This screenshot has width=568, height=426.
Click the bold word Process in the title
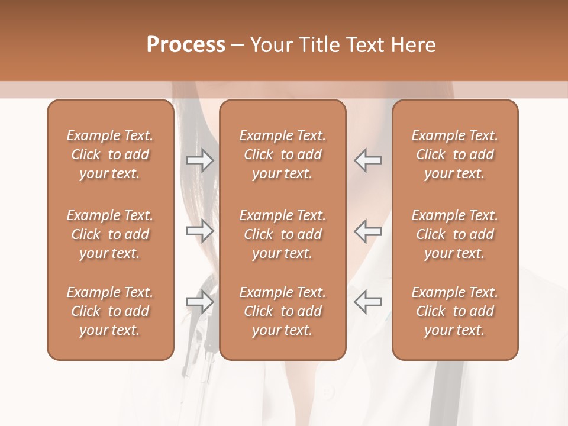click(186, 45)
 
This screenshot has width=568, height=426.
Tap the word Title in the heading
click(317, 45)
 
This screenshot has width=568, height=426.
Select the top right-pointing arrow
click(200, 160)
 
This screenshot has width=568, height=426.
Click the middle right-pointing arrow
click(200, 231)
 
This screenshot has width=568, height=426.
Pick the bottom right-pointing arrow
click(200, 302)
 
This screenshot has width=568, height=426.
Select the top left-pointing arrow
click(367, 160)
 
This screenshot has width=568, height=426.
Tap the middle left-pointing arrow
click(367, 231)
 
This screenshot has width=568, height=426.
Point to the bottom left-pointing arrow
click(367, 302)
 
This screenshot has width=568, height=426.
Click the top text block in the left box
click(110, 154)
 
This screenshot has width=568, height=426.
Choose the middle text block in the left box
click(110, 234)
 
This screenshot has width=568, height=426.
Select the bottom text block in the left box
click(110, 311)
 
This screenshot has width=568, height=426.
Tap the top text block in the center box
click(283, 154)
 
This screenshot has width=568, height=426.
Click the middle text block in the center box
click(283, 234)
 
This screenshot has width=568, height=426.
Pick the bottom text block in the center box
click(283, 311)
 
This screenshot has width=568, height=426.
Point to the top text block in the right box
click(455, 154)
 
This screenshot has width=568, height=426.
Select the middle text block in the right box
click(455, 234)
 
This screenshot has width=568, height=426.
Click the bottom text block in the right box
click(455, 311)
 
